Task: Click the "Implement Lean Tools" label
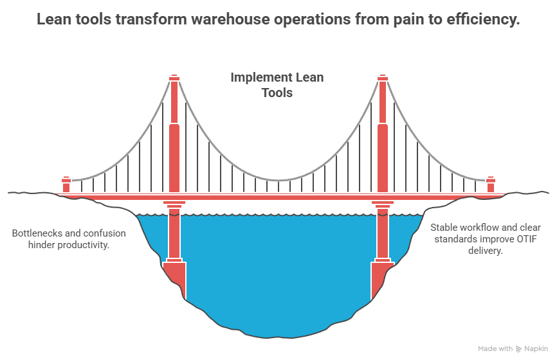[x=277, y=85]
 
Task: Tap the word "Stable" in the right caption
[x=445, y=228]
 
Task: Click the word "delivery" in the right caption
[x=484, y=251]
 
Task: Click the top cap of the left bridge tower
[x=174, y=78]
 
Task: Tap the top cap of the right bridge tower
[x=383, y=78]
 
